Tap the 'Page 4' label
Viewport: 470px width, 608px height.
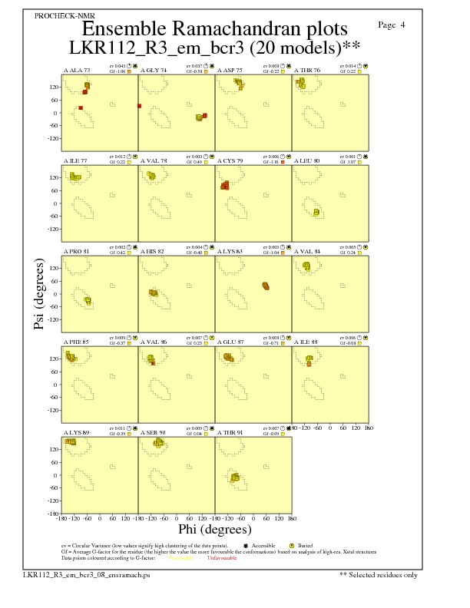392,25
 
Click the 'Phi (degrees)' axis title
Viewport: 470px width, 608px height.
214,529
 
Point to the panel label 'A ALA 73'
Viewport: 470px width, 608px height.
77,70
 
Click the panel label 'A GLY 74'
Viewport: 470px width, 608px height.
154,70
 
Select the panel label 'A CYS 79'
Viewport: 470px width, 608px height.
230,161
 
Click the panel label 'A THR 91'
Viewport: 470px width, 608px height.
230,433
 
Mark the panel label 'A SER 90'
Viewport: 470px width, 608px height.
154,433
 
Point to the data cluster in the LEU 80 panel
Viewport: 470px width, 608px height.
316,212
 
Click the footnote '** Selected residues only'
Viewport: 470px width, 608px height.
380,574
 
